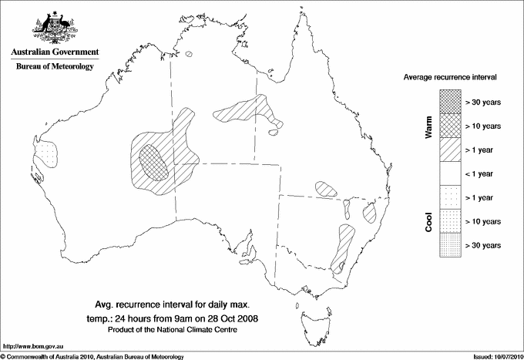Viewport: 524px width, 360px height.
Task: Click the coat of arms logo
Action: (54, 27)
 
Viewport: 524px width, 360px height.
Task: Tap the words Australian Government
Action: (54, 52)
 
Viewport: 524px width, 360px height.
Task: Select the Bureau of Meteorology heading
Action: (54, 66)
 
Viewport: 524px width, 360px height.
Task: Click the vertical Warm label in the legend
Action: (428, 126)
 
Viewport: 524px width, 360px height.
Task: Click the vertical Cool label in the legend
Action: (428, 221)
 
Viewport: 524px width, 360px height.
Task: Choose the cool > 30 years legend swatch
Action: (449, 245)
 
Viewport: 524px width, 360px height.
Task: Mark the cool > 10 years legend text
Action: (483, 221)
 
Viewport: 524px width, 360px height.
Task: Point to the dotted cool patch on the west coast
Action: (46, 154)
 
